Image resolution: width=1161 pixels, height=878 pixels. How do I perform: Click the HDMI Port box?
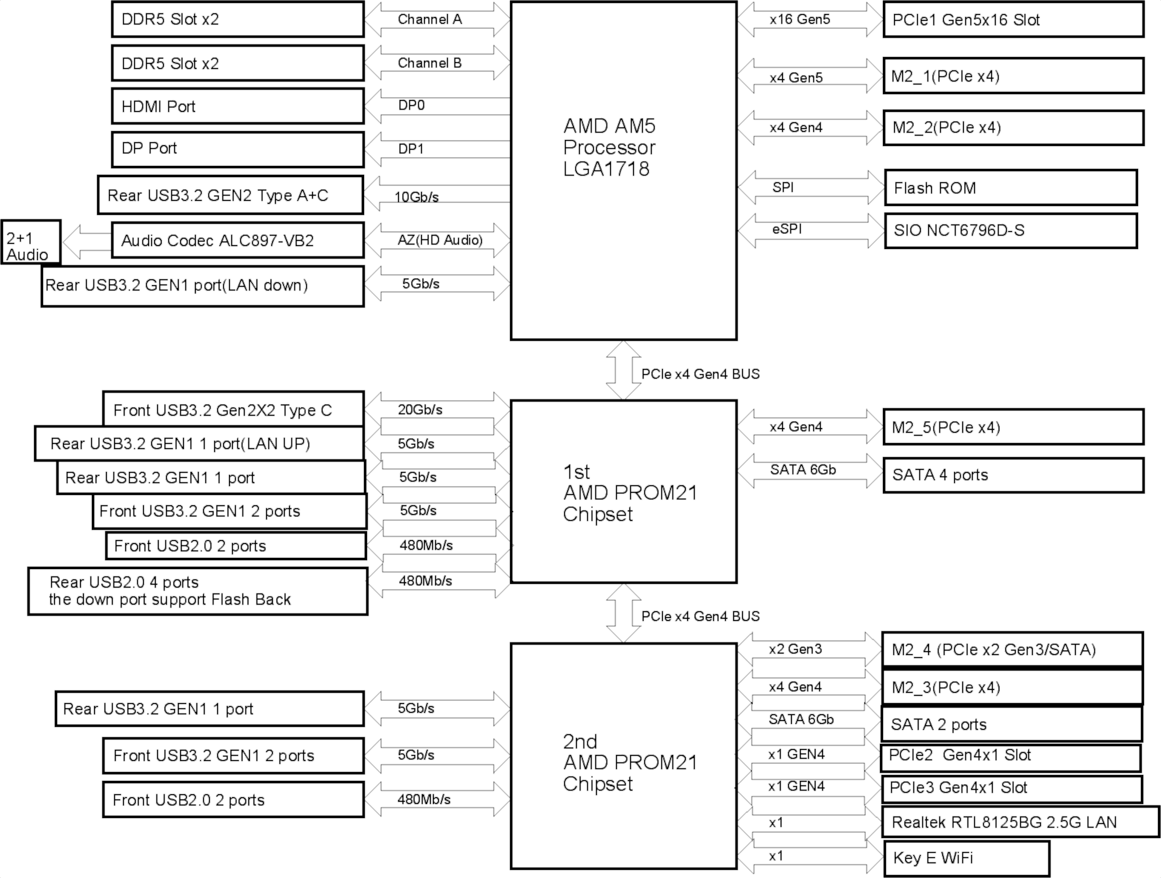pyautogui.click(x=238, y=106)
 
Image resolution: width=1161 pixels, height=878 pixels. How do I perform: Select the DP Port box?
pyautogui.click(x=238, y=149)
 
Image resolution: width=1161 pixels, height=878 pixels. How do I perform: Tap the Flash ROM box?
pyautogui.click(x=1010, y=187)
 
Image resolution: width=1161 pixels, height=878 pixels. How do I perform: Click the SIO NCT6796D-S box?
pyautogui.click(x=1010, y=231)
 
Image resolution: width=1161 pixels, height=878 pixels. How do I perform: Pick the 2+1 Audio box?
pyautogui.click(x=30, y=242)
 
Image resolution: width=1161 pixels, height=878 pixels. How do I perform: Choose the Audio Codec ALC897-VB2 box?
pyautogui.click(x=238, y=241)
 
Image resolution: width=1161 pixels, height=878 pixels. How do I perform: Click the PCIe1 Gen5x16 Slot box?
pyautogui.click(x=1013, y=19)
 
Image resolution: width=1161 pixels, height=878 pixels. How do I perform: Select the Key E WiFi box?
pyautogui.click(x=967, y=857)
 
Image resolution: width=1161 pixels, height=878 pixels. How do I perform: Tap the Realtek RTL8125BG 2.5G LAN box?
pyautogui.click(x=1021, y=822)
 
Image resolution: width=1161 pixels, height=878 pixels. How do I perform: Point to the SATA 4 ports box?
pyautogui.click(x=1013, y=475)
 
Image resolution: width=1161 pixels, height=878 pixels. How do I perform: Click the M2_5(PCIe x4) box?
pyautogui.click(x=1013, y=427)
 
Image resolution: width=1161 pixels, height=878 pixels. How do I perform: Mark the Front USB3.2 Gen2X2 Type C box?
pyautogui.click(x=234, y=410)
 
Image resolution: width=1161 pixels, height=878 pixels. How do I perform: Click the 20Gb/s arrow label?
pyautogui.click(x=420, y=410)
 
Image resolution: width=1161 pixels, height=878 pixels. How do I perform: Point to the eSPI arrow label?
pyautogui.click(x=787, y=229)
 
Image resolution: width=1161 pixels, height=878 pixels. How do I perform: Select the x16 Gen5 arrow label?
pyautogui.click(x=800, y=19)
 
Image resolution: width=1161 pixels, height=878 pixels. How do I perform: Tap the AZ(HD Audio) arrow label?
pyautogui.click(x=440, y=241)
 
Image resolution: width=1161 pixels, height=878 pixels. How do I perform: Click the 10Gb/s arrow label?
pyautogui.click(x=417, y=197)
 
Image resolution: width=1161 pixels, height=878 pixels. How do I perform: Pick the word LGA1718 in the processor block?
pyautogui.click(x=606, y=169)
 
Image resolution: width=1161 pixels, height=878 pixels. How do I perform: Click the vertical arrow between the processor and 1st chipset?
pyautogui.click(x=623, y=370)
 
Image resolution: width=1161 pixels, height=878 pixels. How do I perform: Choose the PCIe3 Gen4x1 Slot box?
pyautogui.click(x=1012, y=788)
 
